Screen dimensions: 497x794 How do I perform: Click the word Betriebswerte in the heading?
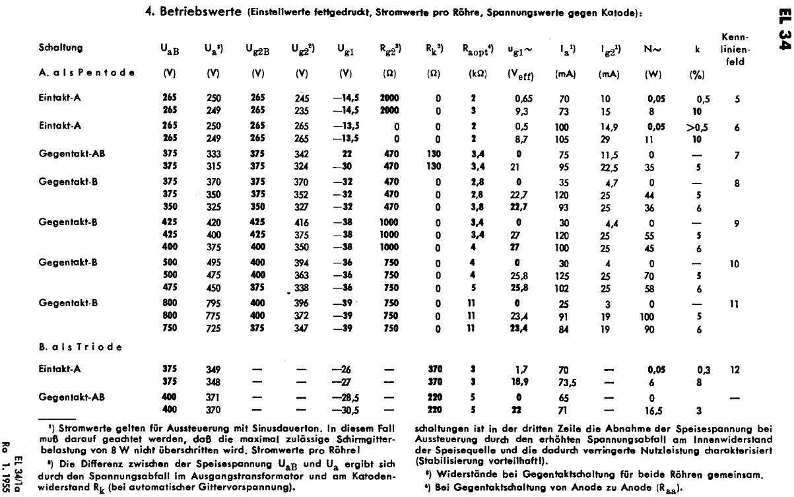click(191, 13)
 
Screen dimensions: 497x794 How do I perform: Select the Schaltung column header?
click(60, 48)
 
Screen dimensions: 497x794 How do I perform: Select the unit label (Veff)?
click(521, 75)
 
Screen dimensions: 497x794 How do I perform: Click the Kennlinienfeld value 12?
click(736, 370)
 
